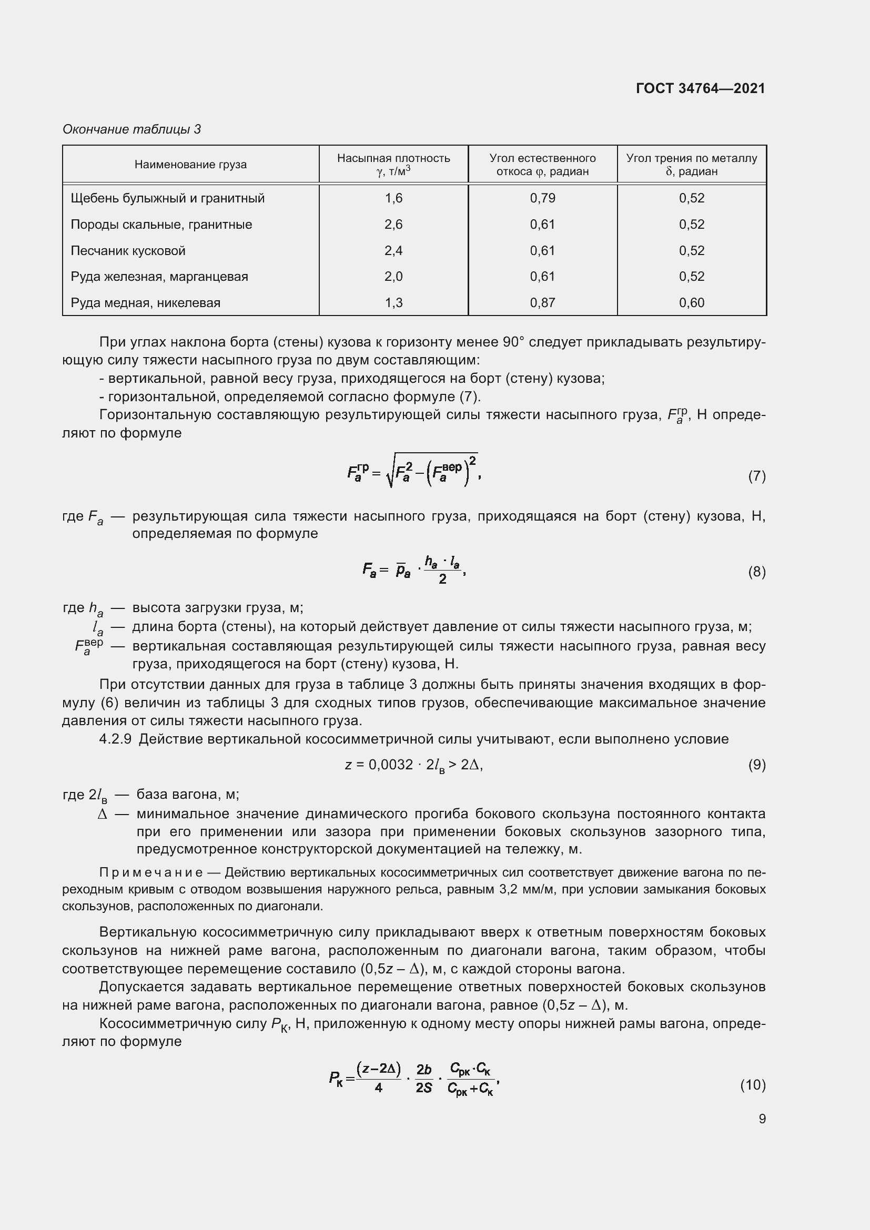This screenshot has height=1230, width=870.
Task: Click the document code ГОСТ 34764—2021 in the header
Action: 700,88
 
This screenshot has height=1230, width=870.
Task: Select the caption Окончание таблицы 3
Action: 132,129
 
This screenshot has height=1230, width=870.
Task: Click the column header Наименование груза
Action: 190,165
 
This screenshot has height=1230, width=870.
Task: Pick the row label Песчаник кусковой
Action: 128,251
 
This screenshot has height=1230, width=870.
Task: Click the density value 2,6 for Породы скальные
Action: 393,225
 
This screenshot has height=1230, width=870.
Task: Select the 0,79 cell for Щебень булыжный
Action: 542,198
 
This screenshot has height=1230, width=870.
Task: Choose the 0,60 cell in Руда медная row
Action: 691,303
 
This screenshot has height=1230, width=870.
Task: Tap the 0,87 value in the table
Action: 542,303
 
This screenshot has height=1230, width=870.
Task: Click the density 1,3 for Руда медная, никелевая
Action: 393,303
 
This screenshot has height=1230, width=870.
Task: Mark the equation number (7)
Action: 756,476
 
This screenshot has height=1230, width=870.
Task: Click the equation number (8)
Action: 756,572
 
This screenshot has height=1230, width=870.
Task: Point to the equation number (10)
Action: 753,1085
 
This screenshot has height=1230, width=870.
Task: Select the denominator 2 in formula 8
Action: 442,579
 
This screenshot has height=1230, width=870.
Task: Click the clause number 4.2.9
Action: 115,739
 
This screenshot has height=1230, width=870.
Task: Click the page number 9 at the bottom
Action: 762,1119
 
